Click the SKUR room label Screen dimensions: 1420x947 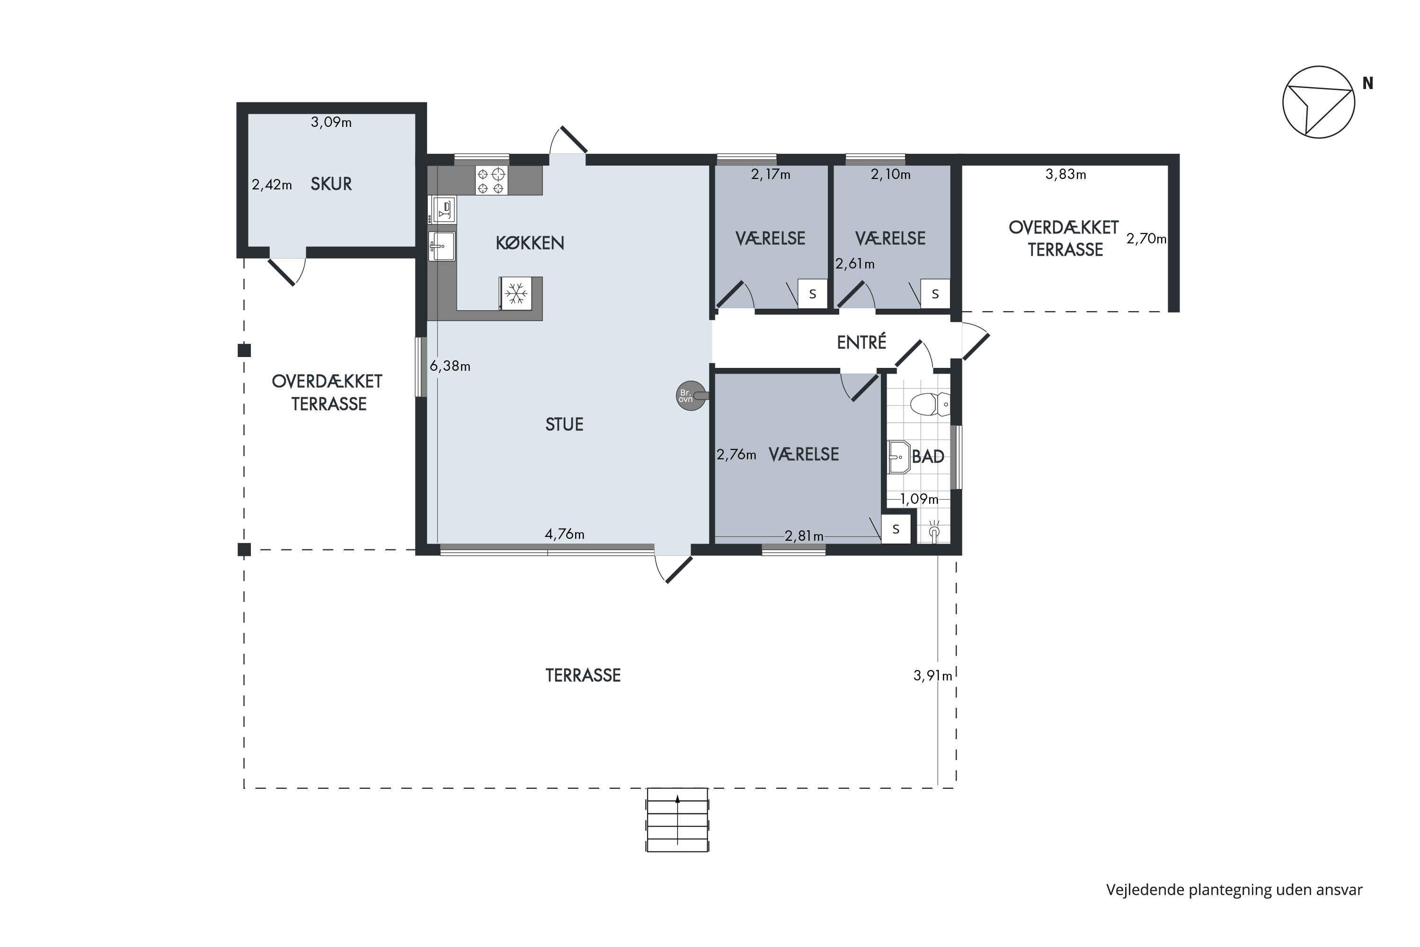(x=331, y=184)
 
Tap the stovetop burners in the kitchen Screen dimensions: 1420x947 (x=491, y=180)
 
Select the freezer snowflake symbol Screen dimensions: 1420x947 (x=516, y=294)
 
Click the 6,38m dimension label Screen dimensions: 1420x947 (x=450, y=366)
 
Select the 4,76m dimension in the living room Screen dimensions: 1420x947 (x=565, y=534)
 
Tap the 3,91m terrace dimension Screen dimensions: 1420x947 (x=933, y=676)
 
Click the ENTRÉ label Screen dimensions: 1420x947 (x=861, y=342)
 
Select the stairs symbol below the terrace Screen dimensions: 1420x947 (x=677, y=820)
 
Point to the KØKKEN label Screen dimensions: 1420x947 (x=530, y=243)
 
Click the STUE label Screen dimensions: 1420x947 (x=565, y=425)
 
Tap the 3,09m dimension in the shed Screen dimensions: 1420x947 (x=331, y=122)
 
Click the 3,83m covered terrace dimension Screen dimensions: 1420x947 (x=1065, y=175)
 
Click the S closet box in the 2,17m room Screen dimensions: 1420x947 (x=813, y=294)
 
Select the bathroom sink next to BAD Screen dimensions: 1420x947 (x=899, y=457)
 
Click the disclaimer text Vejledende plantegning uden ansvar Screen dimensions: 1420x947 (x=1234, y=890)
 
